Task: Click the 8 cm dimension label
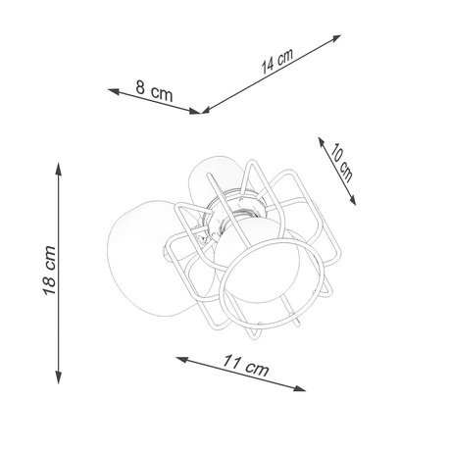coord(155,94)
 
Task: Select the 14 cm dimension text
coord(278,63)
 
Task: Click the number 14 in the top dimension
coord(270,67)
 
